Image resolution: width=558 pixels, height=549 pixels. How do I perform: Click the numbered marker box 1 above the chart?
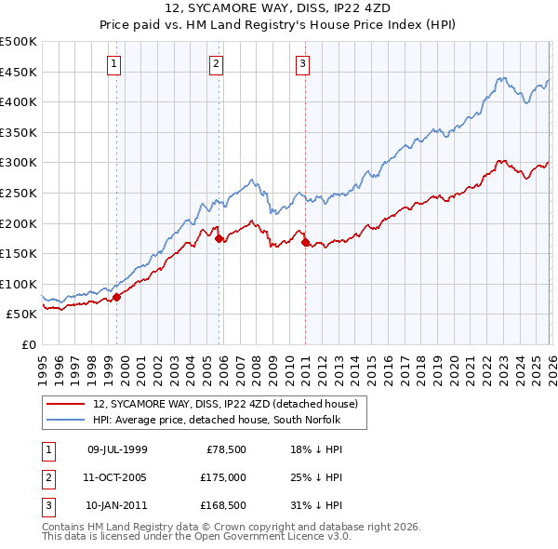pyautogui.click(x=113, y=64)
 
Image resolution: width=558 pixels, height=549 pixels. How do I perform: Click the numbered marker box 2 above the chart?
pyautogui.click(x=215, y=64)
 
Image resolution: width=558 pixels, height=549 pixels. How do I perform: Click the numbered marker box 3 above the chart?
pyautogui.click(x=303, y=64)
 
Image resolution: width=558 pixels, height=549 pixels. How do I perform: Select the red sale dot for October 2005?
pyautogui.click(x=219, y=238)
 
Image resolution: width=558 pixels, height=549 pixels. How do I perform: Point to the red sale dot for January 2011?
pyautogui.click(x=306, y=243)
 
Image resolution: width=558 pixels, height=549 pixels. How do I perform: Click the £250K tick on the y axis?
pyautogui.click(x=19, y=193)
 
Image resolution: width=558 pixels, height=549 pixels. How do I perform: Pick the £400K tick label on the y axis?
pyautogui.click(x=19, y=101)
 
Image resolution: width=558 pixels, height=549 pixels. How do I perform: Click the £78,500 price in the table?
pyautogui.click(x=226, y=449)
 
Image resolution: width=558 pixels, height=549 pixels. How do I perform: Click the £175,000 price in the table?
pyautogui.click(x=223, y=477)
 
